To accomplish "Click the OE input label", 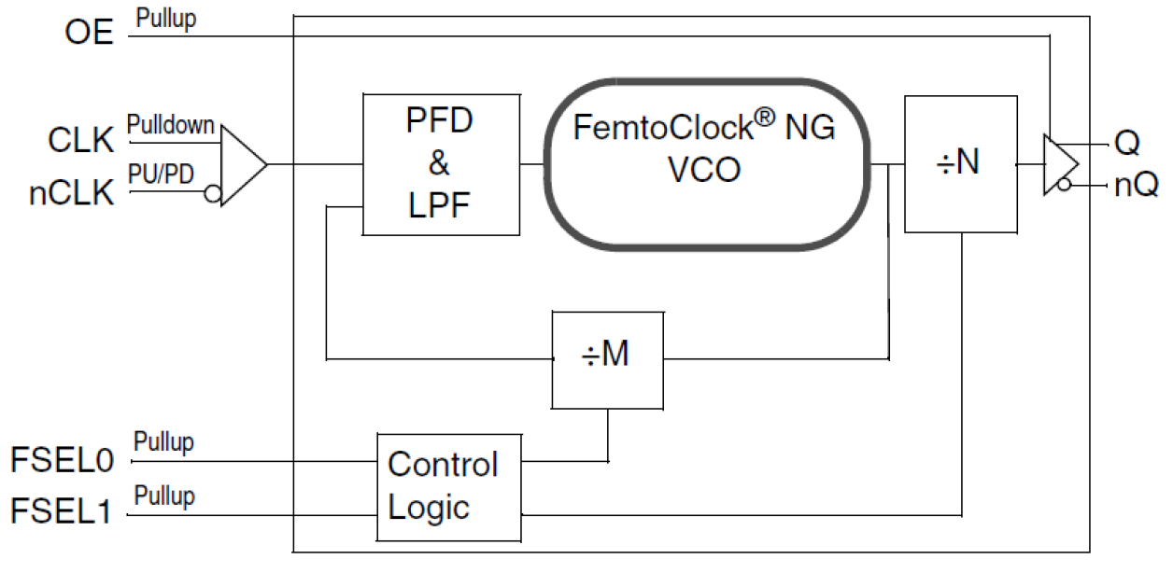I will point(89,33).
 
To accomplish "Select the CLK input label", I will point(81,141).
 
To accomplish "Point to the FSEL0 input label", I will point(62,461).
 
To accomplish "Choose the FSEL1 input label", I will point(62,511).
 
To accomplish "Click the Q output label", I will point(1127,143).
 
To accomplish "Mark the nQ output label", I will point(1136,185).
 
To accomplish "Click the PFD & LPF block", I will point(440,164).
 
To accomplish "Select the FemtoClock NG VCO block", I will point(705,165).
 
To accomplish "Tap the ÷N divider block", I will point(960,163).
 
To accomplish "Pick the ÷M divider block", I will point(607,359).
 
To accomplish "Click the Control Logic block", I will point(447,486).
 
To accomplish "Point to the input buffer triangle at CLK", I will point(241,165).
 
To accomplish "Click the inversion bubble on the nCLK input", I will point(213,193).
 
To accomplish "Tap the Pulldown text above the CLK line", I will point(171,124).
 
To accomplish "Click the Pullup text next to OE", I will point(166,18).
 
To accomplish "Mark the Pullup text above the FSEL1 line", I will point(164,495).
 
